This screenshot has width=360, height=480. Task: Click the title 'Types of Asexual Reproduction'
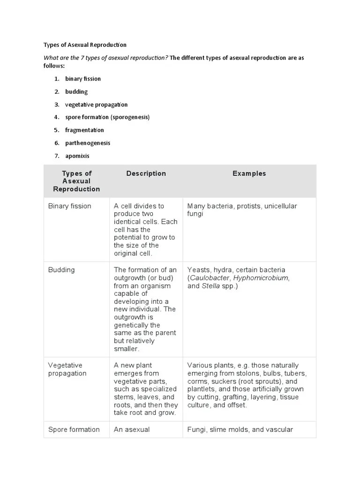85,45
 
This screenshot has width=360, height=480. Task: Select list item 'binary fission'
83,79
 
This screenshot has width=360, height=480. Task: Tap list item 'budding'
76,92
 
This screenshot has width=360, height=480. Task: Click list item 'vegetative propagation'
96,105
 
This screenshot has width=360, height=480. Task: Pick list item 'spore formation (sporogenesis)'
107,117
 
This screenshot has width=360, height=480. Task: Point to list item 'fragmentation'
84,130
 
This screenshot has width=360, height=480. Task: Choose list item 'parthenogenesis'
88,143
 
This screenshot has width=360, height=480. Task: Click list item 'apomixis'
77,156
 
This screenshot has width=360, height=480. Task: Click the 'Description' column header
146,173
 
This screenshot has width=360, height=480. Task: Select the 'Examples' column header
249,173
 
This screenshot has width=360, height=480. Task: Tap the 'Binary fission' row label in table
70,206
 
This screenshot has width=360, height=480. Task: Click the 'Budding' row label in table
61,270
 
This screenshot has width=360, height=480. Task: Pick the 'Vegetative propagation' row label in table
67,369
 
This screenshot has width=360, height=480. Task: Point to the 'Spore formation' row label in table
74,429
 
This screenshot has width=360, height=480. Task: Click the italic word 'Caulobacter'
210,278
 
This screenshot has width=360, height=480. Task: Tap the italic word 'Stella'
210,286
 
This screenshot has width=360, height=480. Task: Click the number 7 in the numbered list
57,156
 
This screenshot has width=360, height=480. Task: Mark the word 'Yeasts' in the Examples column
198,270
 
